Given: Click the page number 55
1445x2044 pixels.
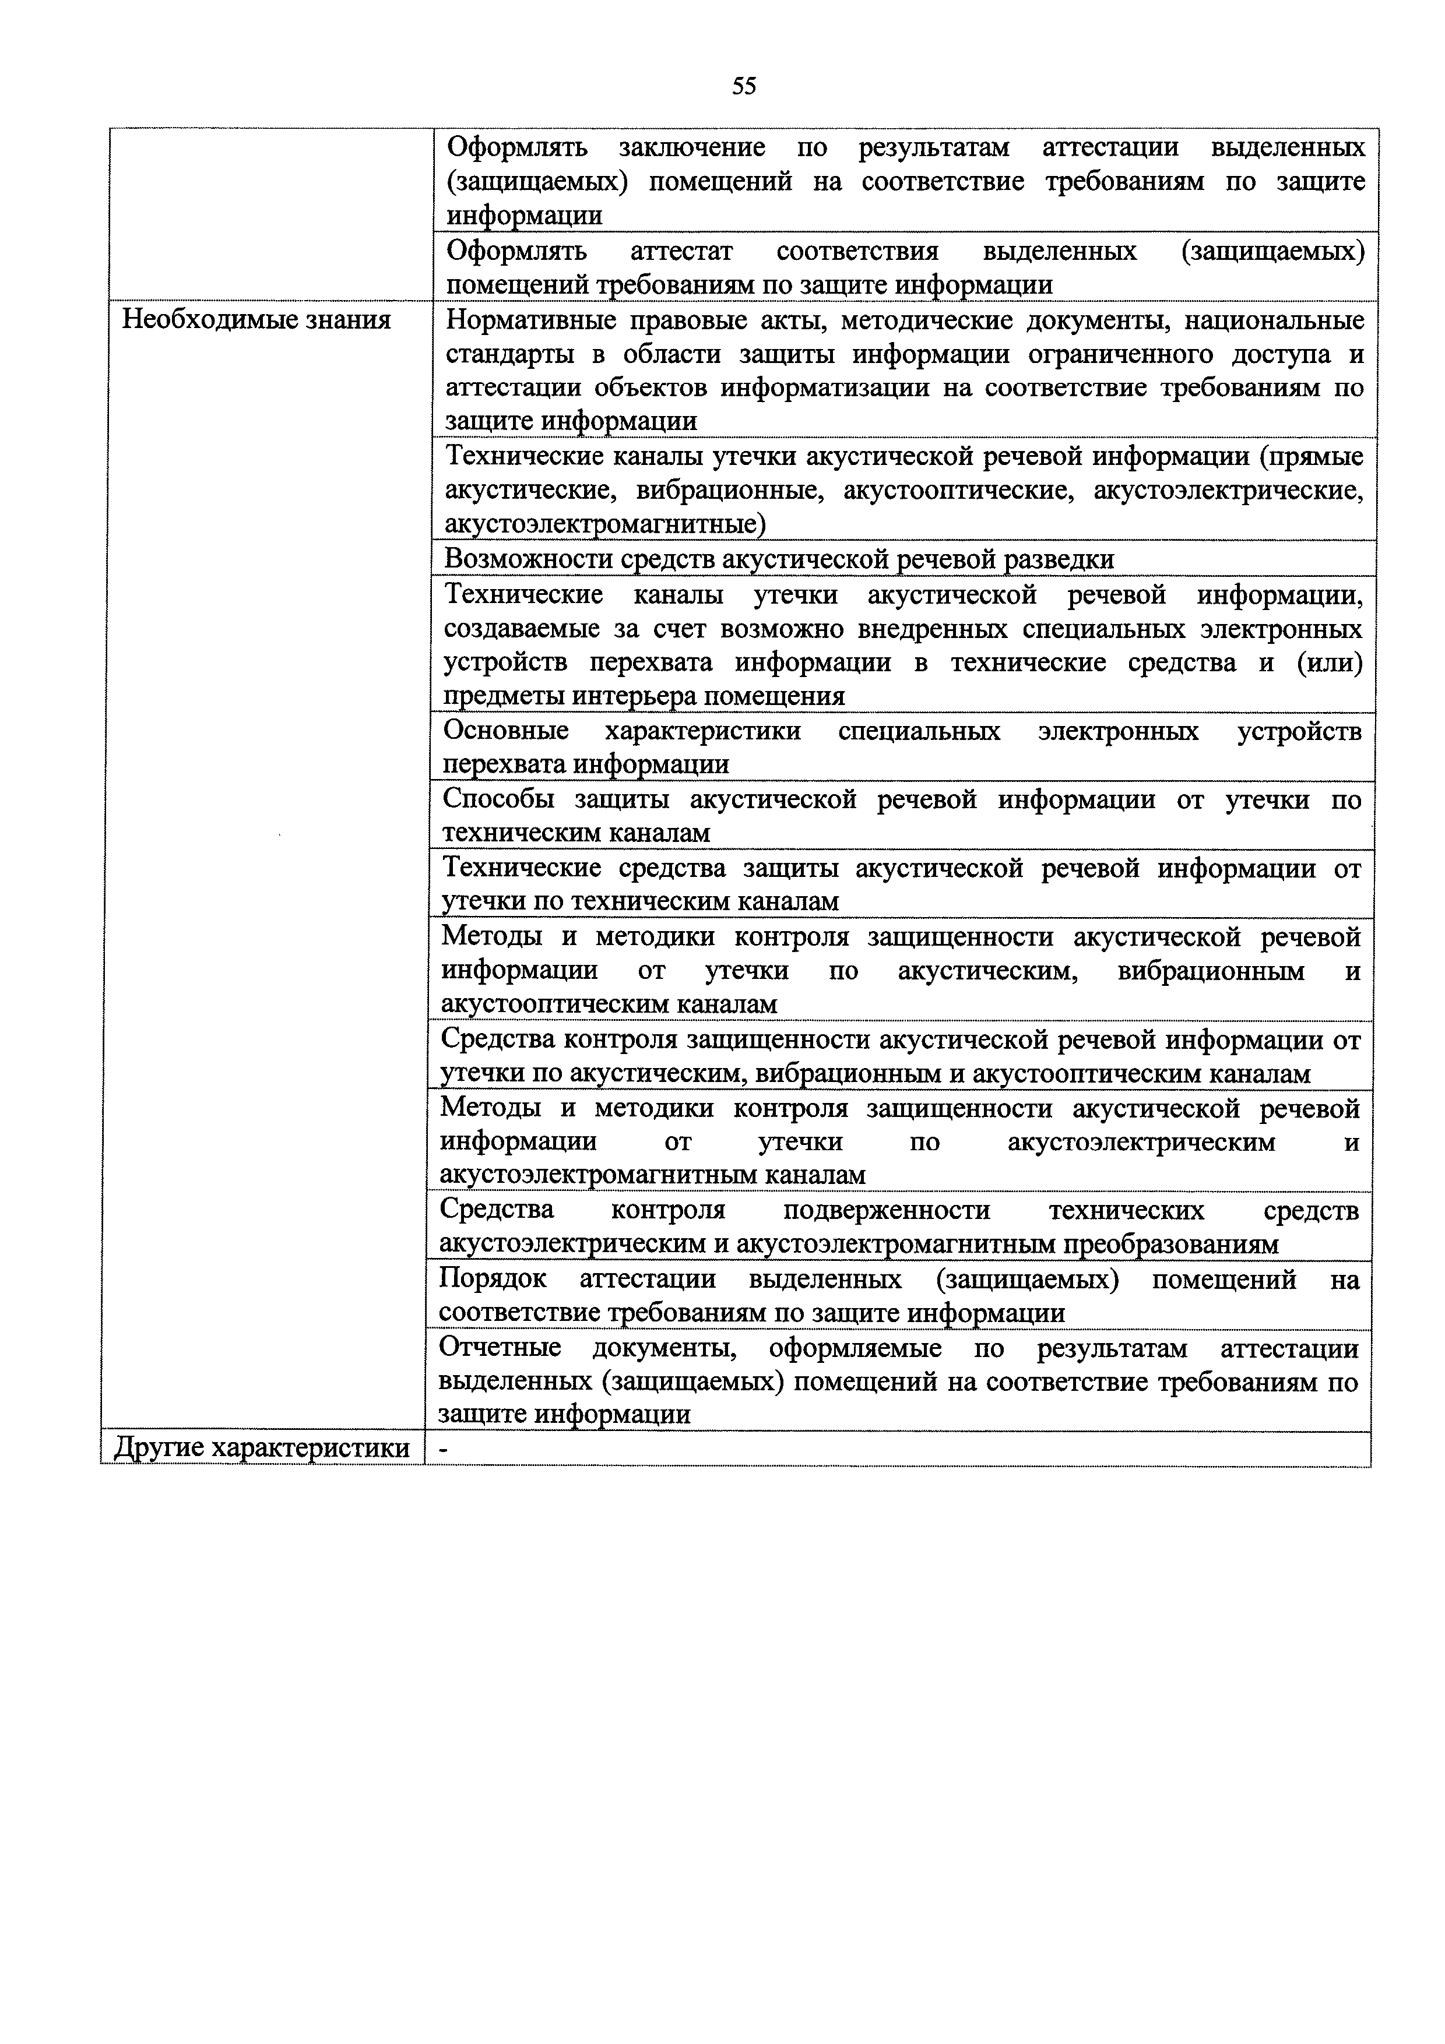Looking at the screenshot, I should click(x=744, y=86).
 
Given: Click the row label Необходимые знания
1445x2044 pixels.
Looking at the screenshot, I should click(x=256, y=320).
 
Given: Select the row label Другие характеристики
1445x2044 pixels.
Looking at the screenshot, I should click(x=262, y=1449).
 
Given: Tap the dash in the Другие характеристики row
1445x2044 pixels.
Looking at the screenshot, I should click(x=444, y=1449).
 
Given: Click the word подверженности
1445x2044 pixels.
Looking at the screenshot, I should click(x=886, y=1210).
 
